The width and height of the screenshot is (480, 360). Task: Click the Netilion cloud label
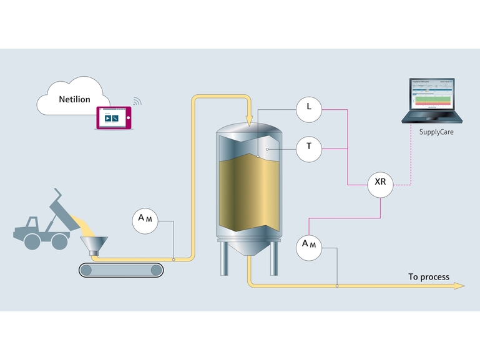[x=74, y=99]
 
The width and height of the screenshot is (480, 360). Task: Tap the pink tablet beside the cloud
[x=114, y=118]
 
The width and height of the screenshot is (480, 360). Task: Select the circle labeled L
[x=308, y=107]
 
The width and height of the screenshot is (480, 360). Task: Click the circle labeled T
[x=308, y=148]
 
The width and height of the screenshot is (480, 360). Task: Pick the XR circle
[x=380, y=183]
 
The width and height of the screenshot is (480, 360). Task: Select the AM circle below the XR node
[x=308, y=244]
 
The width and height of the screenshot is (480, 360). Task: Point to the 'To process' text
[x=428, y=277]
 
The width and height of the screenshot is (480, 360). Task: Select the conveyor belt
[x=120, y=270]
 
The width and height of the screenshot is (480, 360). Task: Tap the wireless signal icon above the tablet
[x=137, y=100]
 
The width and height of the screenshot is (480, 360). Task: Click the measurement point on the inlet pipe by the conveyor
[x=174, y=258]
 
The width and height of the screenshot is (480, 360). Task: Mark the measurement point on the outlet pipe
[x=337, y=286]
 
